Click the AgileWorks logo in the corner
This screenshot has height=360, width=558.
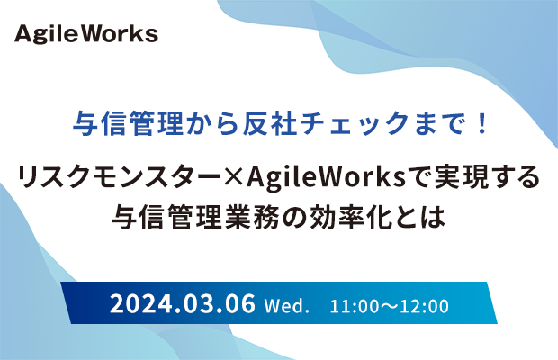(x=86, y=34)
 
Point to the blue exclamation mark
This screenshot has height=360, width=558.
(x=482, y=123)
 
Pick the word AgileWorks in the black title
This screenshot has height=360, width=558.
(x=327, y=177)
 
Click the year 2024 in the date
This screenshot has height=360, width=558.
(x=140, y=304)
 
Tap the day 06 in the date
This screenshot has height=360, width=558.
(x=241, y=304)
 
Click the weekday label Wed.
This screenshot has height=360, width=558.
(x=286, y=306)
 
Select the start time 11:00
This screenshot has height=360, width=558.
(x=354, y=306)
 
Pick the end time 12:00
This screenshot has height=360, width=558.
(x=424, y=306)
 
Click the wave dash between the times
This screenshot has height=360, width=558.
(x=390, y=306)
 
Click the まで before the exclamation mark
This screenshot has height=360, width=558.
(x=440, y=124)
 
